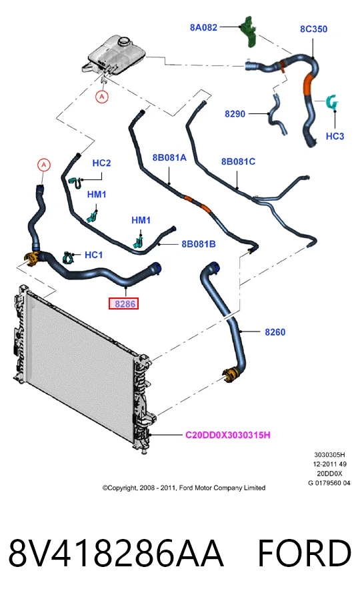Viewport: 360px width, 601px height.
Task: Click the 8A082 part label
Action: tap(203, 27)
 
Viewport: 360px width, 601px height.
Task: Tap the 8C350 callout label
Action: tap(313, 29)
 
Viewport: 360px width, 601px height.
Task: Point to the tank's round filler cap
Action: tap(125, 40)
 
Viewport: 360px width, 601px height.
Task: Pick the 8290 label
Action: tap(235, 114)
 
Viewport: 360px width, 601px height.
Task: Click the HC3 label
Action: tap(335, 136)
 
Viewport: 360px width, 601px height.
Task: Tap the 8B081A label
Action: tap(169, 157)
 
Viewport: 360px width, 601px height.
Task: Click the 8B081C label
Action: tap(238, 161)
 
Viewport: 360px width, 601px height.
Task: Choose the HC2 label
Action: tap(101, 163)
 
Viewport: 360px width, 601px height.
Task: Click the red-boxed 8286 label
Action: tap(124, 304)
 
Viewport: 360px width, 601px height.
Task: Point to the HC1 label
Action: tap(93, 255)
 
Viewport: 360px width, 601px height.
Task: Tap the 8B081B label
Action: tap(199, 243)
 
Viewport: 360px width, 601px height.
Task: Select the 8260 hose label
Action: tap(275, 332)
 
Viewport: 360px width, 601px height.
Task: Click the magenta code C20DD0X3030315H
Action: tap(228, 435)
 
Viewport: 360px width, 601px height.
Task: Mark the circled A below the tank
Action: tap(102, 97)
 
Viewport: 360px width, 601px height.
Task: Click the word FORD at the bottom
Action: tap(305, 554)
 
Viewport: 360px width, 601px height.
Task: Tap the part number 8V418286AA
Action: tap(115, 554)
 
